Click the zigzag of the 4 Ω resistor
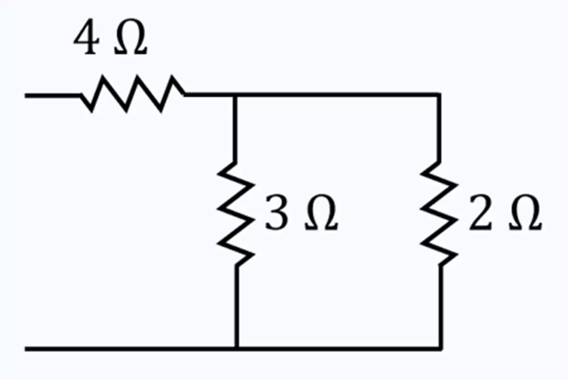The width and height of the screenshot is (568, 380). [x=132, y=94]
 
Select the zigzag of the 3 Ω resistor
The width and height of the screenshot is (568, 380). [x=236, y=213]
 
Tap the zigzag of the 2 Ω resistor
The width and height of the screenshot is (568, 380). [x=439, y=213]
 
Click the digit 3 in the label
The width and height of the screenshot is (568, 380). [x=276, y=212]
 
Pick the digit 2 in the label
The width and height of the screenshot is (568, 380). [x=481, y=212]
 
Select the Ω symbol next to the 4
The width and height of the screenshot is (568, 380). [x=130, y=36]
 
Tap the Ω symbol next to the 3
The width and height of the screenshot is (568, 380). [x=322, y=213]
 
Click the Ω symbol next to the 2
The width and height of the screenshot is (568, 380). [x=525, y=213]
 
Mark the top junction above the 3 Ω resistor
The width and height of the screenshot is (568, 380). [x=235, y=95]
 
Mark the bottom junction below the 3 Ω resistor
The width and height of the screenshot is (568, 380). [x=237, y=348]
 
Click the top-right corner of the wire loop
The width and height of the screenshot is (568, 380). [x=439, y=95]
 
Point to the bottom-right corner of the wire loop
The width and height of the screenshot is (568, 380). [x=441, y=348]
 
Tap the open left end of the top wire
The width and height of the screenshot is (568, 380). [x=25, y=96]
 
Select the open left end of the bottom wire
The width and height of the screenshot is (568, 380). [x=25, y=349]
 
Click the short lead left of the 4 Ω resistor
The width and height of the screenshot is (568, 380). [x=53, y=96]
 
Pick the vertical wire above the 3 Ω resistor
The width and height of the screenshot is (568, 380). [x=235, y=129]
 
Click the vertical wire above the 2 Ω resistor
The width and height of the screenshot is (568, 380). [x=439, y=128]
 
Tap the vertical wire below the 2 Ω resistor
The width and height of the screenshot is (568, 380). [x=441, y=306]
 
